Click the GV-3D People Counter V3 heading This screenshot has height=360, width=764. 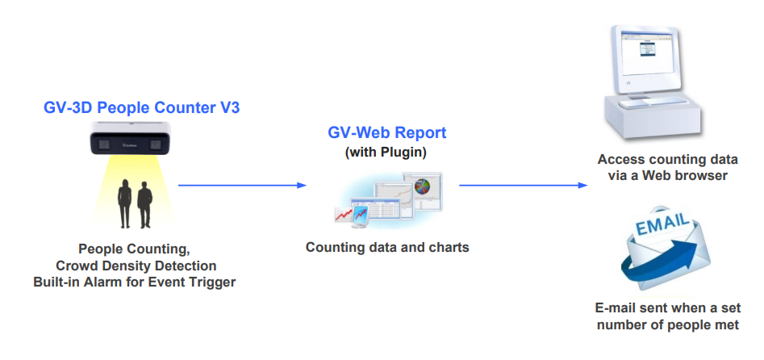pos(142,108)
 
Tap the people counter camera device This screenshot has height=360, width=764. pos(131,138)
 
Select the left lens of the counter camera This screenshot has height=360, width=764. pos(104,144)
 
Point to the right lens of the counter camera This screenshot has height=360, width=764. pos(156,144)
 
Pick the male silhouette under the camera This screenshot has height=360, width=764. pos(144,205)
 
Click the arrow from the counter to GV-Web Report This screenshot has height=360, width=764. pos(242,186)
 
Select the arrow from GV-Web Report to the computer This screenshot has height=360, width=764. pos(524,186)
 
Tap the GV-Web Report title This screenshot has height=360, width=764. pos(387,132)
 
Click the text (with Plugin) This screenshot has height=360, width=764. pos(386,153)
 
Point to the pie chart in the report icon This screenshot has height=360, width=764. pos(423,186)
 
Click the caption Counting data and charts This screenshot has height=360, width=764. pos(387,247)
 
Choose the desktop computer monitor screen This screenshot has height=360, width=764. pos(646,52)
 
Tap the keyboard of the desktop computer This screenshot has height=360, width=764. pos(653,102)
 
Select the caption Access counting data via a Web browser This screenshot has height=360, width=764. pos(667,167)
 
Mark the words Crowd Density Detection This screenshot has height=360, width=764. pos(136,266)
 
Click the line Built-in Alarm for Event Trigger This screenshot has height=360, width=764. pos(135,283)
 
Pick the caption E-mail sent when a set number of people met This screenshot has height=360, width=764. pos(667,316)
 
